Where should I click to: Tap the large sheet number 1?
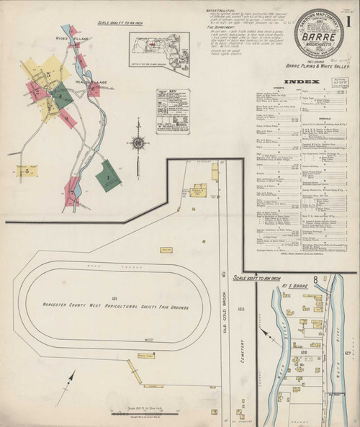(349, 21)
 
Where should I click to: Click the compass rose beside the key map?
(137, 142)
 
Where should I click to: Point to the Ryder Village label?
(72, 36)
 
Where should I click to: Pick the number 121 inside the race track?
(114, 297)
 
